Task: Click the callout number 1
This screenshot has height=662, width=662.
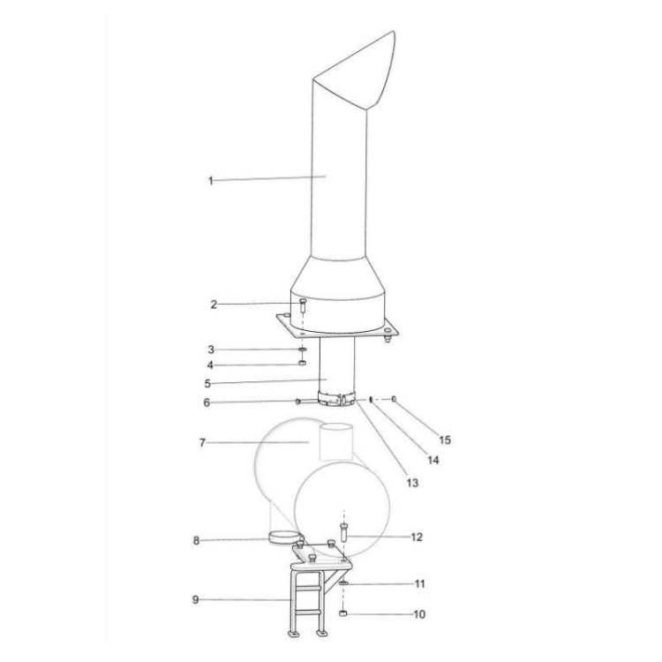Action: (211, 181)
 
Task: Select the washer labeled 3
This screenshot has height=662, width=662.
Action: (303, 350)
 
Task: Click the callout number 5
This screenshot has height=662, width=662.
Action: (207, 384)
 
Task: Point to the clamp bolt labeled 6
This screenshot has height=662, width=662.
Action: (300, 402)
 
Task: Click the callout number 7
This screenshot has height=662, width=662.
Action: (202, 442)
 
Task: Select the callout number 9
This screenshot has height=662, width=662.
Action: (196, 600)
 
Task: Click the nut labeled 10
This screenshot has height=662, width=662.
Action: (342, 613)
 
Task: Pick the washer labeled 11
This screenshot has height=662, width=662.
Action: (342, 584)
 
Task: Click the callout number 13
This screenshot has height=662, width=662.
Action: (412, 483)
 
